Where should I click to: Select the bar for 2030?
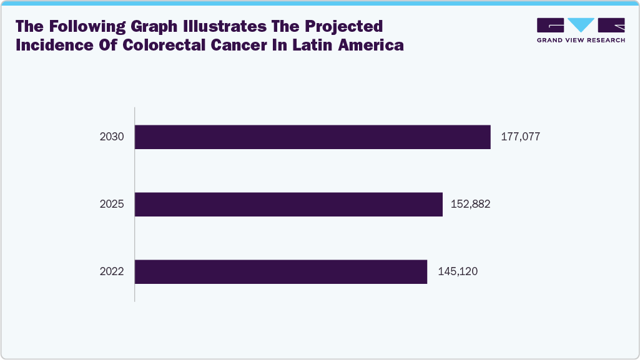click(x=312, y=137)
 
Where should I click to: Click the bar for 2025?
click(x=288, y=205)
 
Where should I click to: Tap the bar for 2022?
click(x=281, y=272)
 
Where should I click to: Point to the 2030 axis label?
click(x=112, y=137)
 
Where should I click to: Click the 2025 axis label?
click(x=112, y=205)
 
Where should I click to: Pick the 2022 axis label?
click(x=112, y=272)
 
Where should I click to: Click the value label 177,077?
click(x=520, y=137)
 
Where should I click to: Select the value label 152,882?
click(x=471, y=205)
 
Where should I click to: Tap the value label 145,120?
click(x=455, y=272)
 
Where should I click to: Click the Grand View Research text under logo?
click(x=581, y=39)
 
